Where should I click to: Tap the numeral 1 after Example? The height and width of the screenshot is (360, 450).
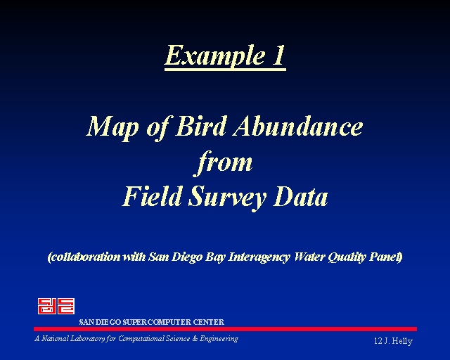pyautogui.click(x=278, y=55)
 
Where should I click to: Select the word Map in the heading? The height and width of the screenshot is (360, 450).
pyautogui.click(x=112, y=129)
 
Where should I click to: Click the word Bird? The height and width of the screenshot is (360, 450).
pyautogui.click(x=201, y=126)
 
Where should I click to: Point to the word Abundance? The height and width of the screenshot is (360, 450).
pyautogui.click(x=298, y=126)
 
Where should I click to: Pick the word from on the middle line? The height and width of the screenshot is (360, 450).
pyautogui.click(x=224, y=163)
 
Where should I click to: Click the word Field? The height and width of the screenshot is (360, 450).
pyautogui.click(x=153, y=196)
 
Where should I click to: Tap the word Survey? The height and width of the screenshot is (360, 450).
pyautogui.click(x=227, y=199)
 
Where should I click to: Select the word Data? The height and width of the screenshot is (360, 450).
pyautogui.click(x=300, y=196)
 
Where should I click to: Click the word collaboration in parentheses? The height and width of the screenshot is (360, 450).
pyautogui.click(x=84, y=257)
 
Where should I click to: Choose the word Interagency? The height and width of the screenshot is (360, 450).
pyautogui.click(x=259, y=257)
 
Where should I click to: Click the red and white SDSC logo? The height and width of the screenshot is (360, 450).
pyautogui.click(x=56, y=306)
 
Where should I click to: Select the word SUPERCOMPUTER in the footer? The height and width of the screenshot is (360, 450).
pyautogui.click(x=157, y=322)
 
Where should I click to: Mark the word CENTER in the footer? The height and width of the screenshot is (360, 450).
pyautogui.click(x=208, y=322)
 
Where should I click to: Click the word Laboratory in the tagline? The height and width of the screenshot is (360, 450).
pyautogui.click(x=88, y=339)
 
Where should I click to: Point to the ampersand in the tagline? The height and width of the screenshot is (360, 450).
pyautogui.click(x=195, y=339)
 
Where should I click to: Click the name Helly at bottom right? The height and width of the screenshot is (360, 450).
pyautogui.click(x=402, y=341)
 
